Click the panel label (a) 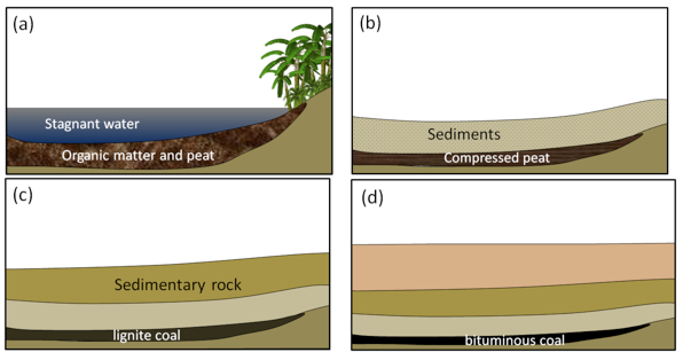(23, 25)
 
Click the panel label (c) (23, 195)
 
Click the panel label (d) (372, 198)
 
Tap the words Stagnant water (92, 124)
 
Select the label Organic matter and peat (138, 155)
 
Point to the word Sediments (464, 135)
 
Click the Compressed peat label (497, 158)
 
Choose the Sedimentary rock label (178, 285)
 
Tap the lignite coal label (147, 335)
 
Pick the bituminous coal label (515, 341)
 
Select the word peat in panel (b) (536, 158)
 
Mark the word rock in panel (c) (223, 285)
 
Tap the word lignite (131, 335)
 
